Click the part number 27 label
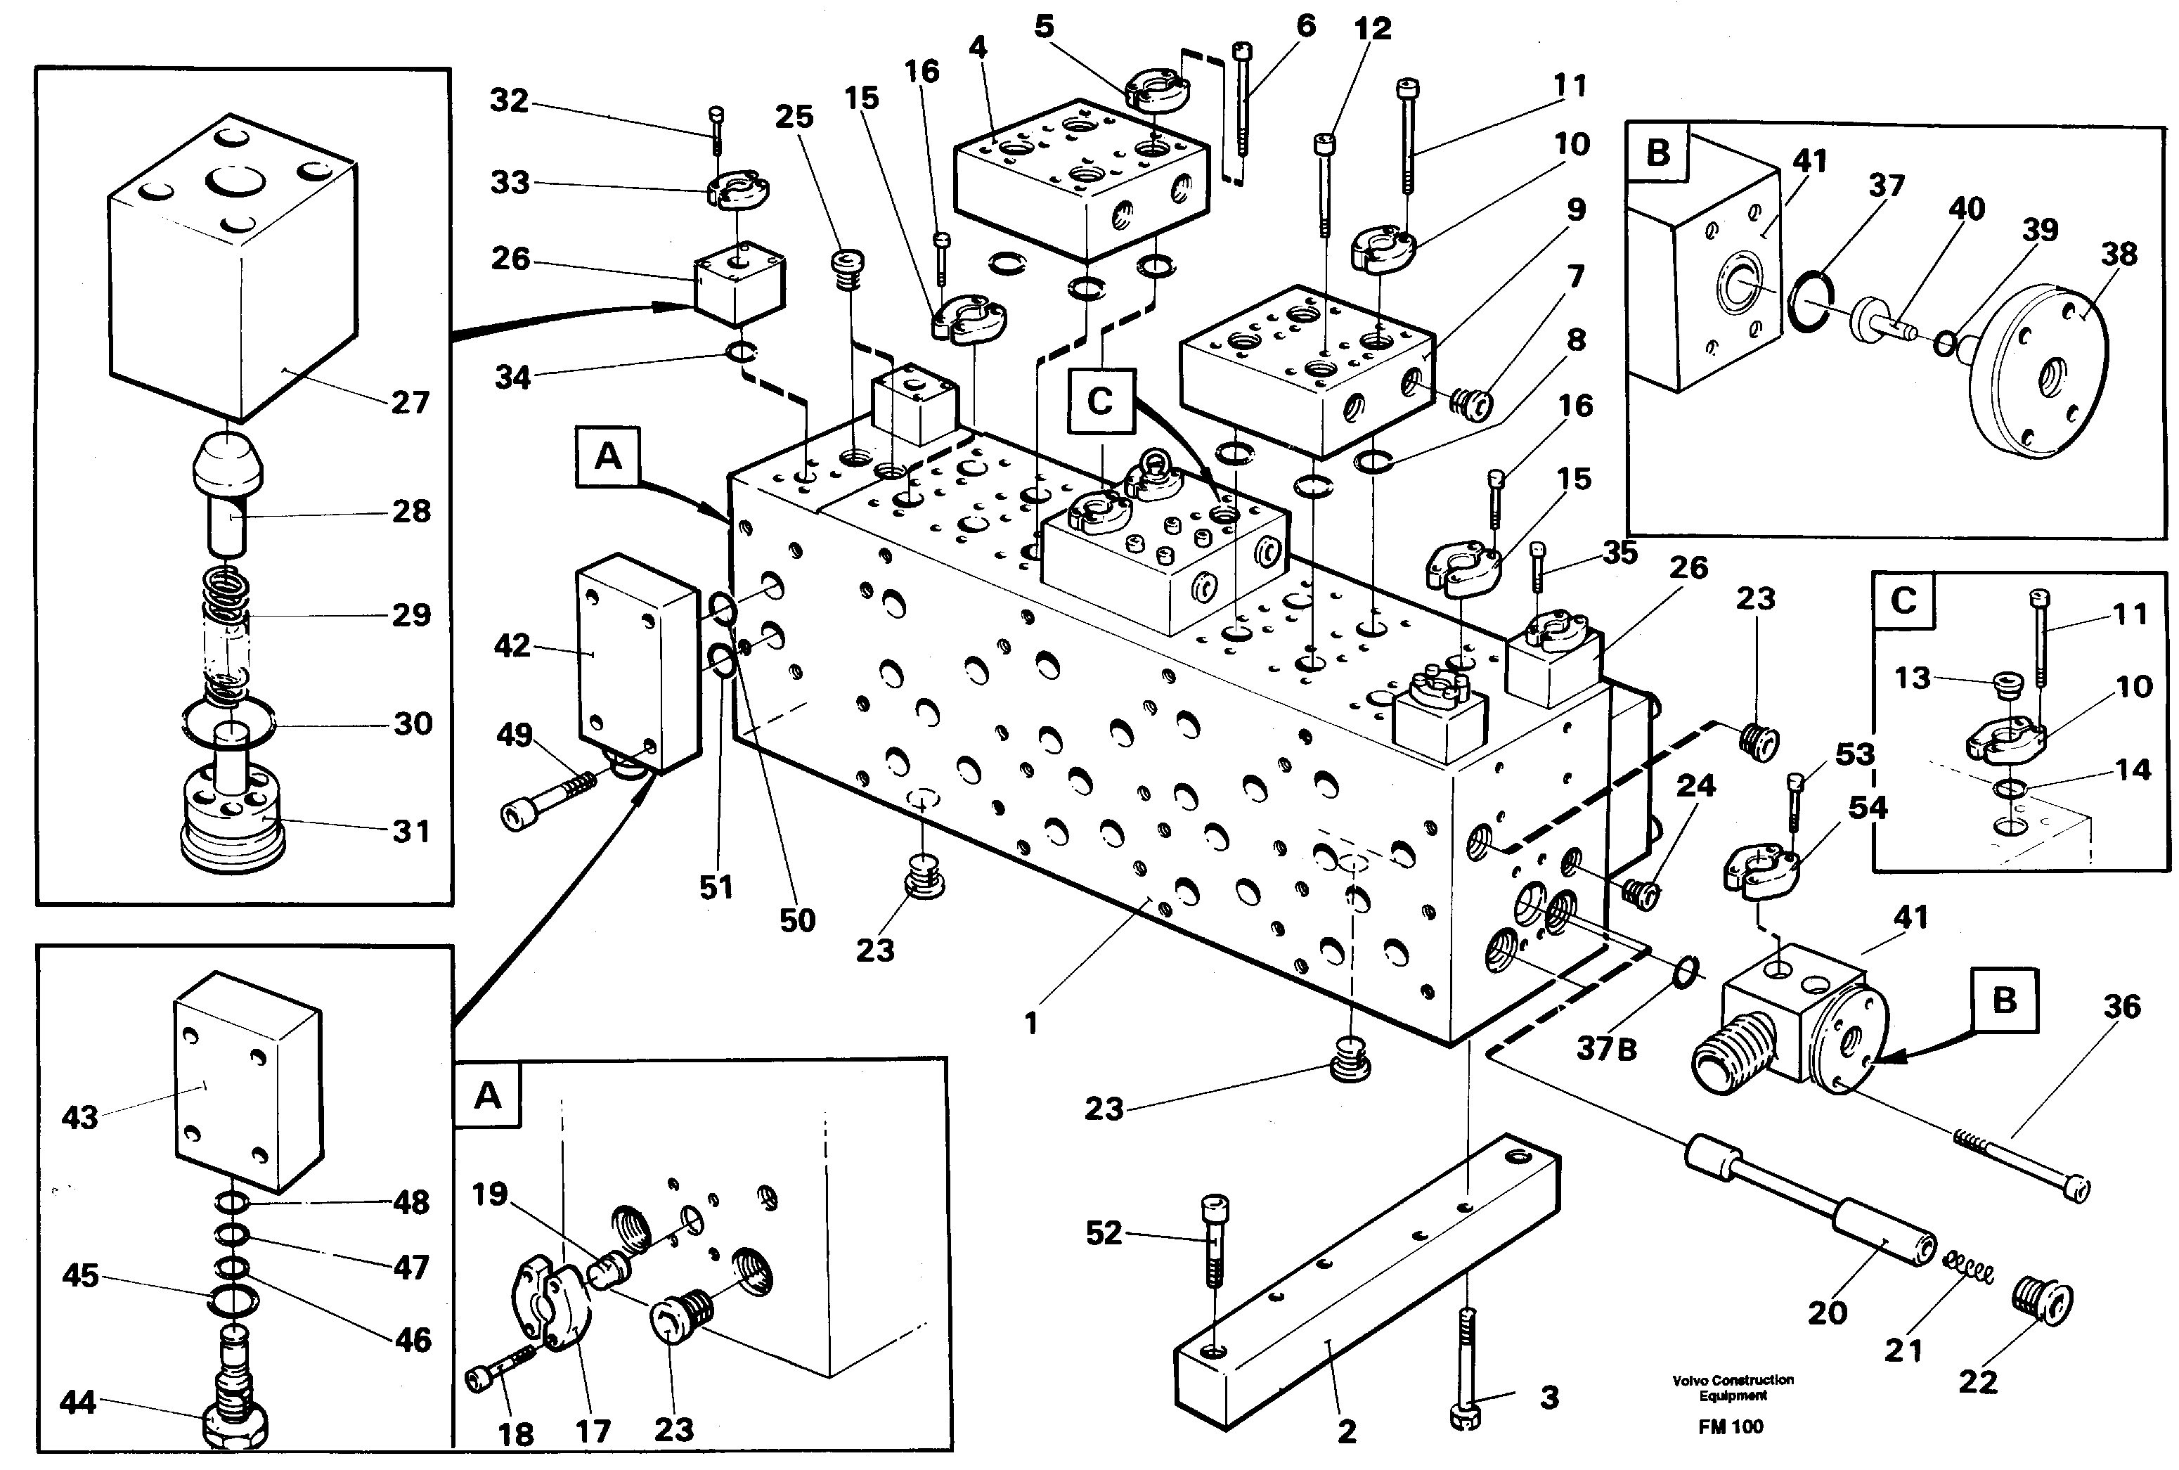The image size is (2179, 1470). (x=410, y=403)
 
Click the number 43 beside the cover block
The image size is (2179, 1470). (x=79, y=1118)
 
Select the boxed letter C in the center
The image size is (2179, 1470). (x=1100, y=401)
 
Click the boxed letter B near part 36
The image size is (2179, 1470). (x=2004, y=1000)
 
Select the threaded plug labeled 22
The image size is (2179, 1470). (x=2041, y=1302)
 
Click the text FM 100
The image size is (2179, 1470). (x=1730, y=1428)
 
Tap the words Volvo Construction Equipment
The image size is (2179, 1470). (x=1732, y=1388)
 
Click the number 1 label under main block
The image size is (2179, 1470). (x=1031, y=1024)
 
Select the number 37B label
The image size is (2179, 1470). (x=1606, y=1048)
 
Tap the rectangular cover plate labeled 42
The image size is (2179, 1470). (x=638, y=661)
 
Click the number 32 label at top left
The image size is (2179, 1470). (x=509, y=101)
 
